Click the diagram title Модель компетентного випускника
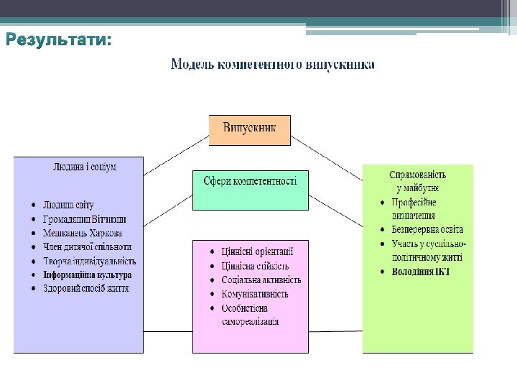[x=272, y=65]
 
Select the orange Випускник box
[x=250, y=130]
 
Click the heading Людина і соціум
[x=85, y=167]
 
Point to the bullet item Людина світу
[x=69, y=205]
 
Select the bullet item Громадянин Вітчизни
[x=85, y=219]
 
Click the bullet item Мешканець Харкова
[x=83, y=234]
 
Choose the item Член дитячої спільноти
[x=87, y=247]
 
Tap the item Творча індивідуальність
[x=90, y=262]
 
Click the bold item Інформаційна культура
[x=88, y=275]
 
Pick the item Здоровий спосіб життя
[x=86, y=289]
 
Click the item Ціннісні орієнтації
[x=257, y=252]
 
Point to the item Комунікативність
[x=255, y=294]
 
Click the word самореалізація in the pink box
[x=251, y=322]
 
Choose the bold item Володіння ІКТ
[x=421, y=272]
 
